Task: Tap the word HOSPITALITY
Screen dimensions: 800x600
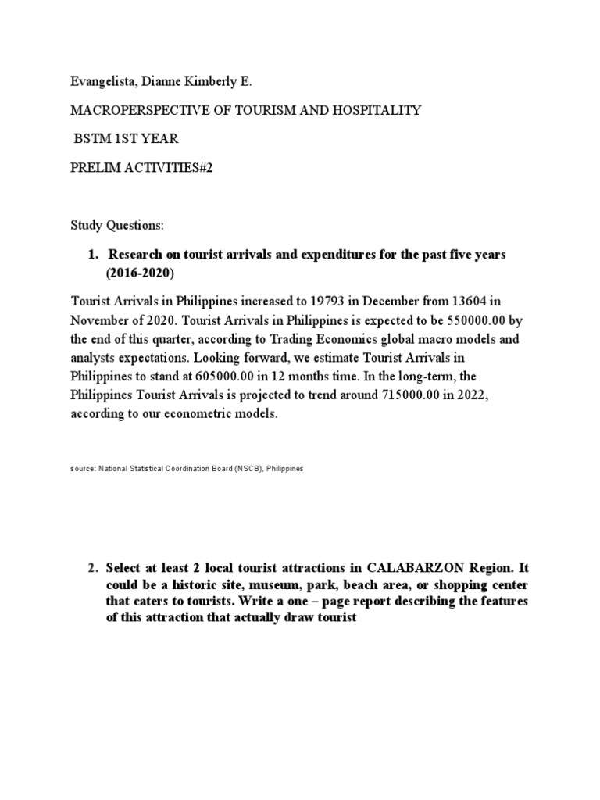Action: (378, 110)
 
